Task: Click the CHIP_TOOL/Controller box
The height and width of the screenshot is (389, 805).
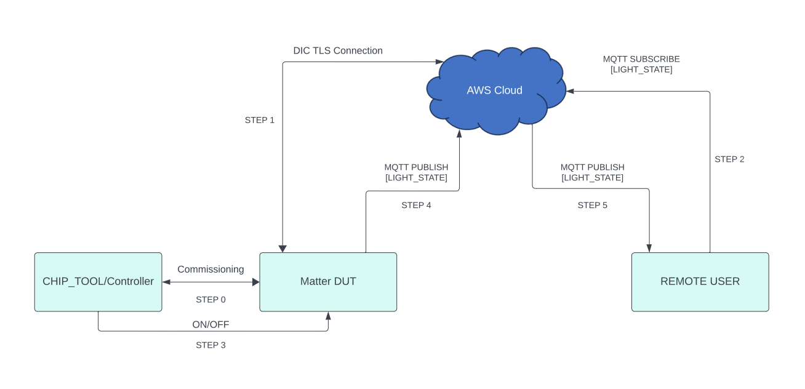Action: pos(98,282)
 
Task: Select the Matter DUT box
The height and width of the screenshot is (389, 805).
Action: pos(328,282)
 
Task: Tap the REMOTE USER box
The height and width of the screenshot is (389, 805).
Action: pos(700,282)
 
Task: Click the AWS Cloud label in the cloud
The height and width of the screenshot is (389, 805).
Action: pos(494,90)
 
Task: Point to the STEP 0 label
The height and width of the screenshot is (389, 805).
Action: pos(210,300)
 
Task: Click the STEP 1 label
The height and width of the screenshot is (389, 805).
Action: pos(260,120)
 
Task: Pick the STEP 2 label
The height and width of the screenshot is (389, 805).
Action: pos(729,159)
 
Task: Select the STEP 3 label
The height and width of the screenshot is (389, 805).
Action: pos(210,345)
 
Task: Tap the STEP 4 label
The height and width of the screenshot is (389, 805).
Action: pos(416,206)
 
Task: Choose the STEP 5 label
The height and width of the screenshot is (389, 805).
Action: pos(592,206)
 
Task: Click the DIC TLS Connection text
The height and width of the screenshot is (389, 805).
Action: pos(338,50)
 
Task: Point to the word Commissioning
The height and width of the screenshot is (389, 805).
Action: pos(210,270)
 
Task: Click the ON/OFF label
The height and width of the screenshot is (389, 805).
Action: pos(210,324)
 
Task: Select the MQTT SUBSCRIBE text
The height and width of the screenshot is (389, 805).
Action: pos(641,59)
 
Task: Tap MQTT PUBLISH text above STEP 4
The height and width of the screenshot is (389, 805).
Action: pos(416,167)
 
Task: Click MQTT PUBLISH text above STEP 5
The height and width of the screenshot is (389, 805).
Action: pos(592,167)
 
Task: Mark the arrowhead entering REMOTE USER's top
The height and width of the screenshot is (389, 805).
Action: pos(649,248)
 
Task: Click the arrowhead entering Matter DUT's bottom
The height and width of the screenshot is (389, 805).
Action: pos(328,316)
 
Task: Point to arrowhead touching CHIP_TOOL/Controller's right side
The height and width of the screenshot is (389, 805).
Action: pos(166,282)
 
